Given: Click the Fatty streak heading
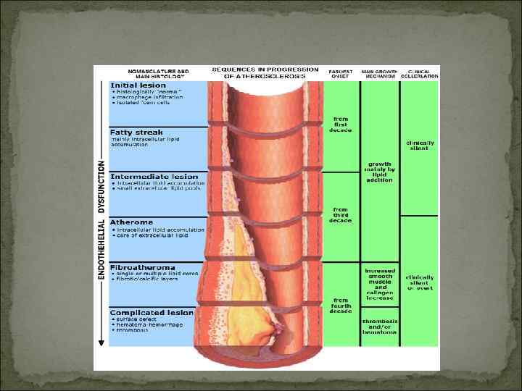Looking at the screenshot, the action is (136, 133).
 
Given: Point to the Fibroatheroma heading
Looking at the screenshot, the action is (140, 267).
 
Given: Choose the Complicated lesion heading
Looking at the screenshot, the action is (152, 312).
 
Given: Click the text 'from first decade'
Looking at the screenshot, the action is (340, 125).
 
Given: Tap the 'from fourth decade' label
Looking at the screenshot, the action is (340, 305).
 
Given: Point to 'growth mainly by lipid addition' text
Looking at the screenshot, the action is (379, 172).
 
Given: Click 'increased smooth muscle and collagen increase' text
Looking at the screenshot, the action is (380, 284).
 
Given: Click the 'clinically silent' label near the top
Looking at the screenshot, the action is (420, 145).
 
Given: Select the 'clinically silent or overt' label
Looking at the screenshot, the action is (420, 282).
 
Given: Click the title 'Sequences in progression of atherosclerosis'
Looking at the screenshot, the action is (265, 72).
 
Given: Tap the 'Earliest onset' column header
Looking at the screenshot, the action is (340, 73).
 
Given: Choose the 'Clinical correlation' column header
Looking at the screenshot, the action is (422, 73).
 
